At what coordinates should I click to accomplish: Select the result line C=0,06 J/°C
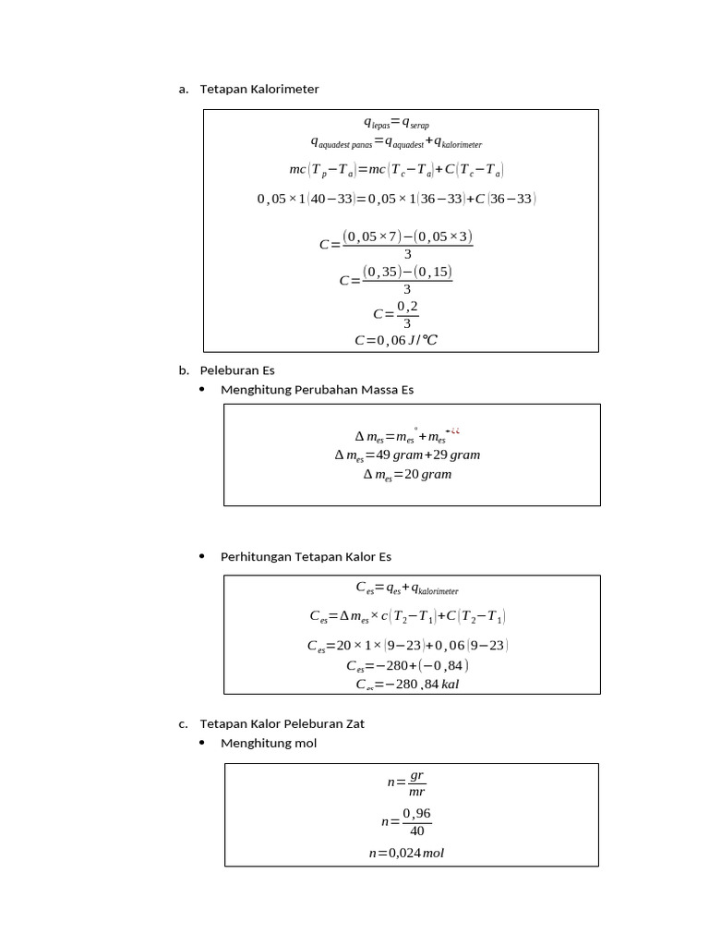pyautogui.click(x=396, y=340)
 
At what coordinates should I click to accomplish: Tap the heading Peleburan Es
pyautogui.click(x=237, y=370)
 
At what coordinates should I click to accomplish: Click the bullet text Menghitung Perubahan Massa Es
pyautogui.click(x=317, y=390)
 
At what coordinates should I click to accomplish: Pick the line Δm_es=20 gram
pyautogui.click(x=407, y=475)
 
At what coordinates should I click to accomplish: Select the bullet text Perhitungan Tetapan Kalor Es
pyautogui.click(x=306, y=557)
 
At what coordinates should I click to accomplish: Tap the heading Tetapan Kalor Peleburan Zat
pyautogui.click(x=282, y=723)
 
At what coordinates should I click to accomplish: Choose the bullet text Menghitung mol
pyautogui.click(x=268, y=743)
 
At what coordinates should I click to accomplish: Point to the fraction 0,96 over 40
pyautogui.click(x=416, y=821)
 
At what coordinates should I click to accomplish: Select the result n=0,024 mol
pyautogui.click(x=406, y=853)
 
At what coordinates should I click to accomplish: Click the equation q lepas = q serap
pyautogui.click(x=396, y=123)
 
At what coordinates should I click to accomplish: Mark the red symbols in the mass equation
pyautogui.click(x=454, y=431)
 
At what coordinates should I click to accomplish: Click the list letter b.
pyautogui.click(x=183, y=370)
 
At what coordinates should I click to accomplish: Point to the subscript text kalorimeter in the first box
pyautogui.click(x=462, y=145)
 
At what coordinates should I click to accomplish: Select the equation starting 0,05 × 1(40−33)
pyautogui.click(x=396, y=199)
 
